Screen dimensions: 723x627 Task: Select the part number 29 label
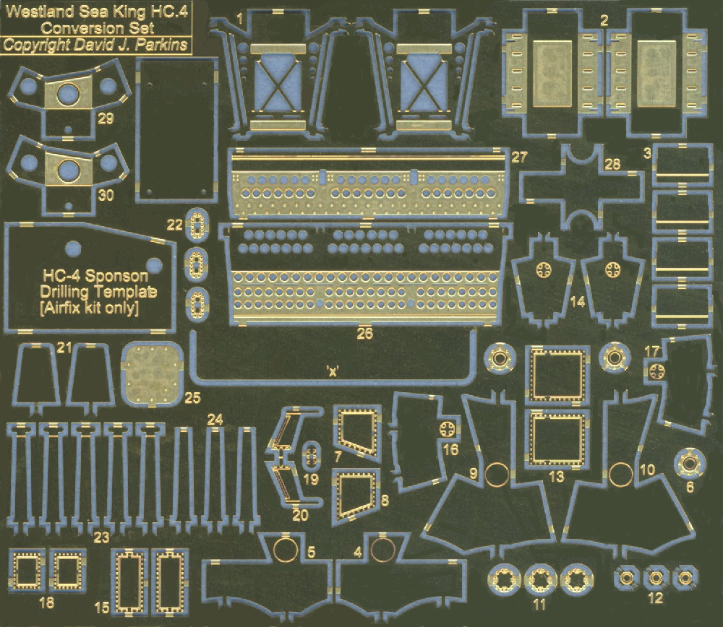106,118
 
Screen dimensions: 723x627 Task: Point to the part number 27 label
519,157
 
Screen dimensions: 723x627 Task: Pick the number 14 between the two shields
577,302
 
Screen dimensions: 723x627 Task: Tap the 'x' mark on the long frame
333,371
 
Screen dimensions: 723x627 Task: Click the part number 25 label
192,397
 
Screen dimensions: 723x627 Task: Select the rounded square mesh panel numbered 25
152,374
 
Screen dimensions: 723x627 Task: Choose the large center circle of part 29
68,93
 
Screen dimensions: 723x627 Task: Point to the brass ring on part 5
286,549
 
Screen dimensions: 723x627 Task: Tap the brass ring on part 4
383,549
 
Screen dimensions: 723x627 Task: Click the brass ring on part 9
497,475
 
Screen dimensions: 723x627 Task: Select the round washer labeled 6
690,464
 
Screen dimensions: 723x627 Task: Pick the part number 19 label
311,479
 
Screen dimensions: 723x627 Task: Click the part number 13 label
557,476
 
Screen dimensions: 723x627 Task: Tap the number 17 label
651,352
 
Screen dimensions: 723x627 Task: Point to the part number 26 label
364,333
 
